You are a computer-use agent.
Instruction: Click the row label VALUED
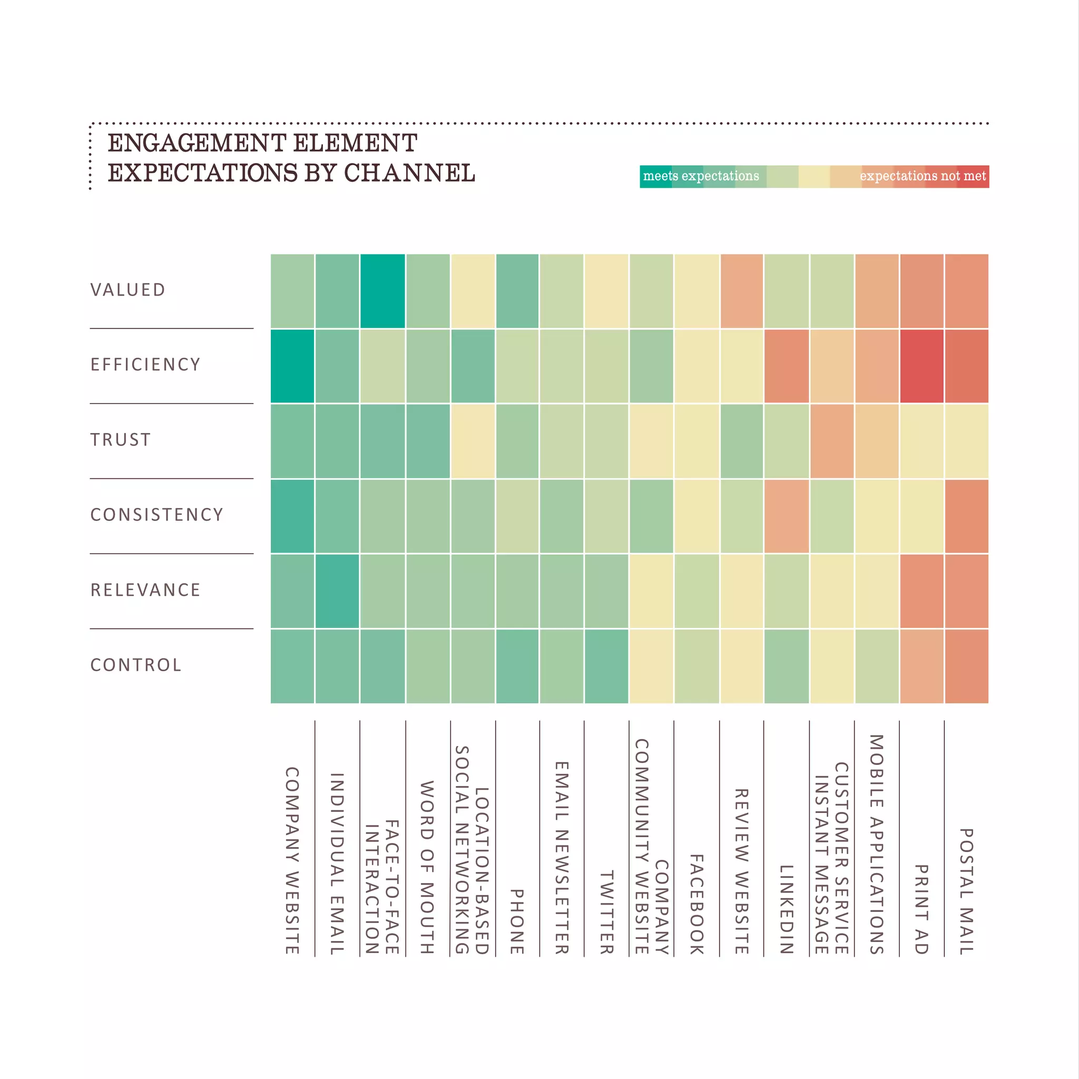128,290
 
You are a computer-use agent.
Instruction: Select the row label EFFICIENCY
145,365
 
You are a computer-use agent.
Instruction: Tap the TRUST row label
121,440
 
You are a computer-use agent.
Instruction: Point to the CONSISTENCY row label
157,515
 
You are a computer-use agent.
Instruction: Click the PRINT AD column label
921,909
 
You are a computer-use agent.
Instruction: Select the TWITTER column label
606,912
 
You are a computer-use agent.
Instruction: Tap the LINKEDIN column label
787,909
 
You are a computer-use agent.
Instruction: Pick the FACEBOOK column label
697,904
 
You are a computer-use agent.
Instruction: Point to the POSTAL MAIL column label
966,891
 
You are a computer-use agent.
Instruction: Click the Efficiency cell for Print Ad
921,366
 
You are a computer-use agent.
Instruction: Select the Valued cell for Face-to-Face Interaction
382,291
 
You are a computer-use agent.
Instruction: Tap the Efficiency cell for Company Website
292,366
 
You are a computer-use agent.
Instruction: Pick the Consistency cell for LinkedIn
787,516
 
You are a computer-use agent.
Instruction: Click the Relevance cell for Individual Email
337,591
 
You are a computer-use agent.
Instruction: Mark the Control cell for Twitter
606,666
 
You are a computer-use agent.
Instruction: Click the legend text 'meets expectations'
701,176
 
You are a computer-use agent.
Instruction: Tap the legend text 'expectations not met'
923,176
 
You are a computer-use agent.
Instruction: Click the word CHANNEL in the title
409,173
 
